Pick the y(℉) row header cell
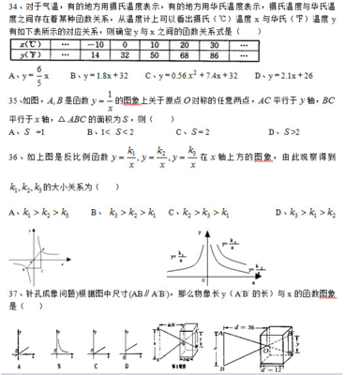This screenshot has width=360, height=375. (x=28, y=54)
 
